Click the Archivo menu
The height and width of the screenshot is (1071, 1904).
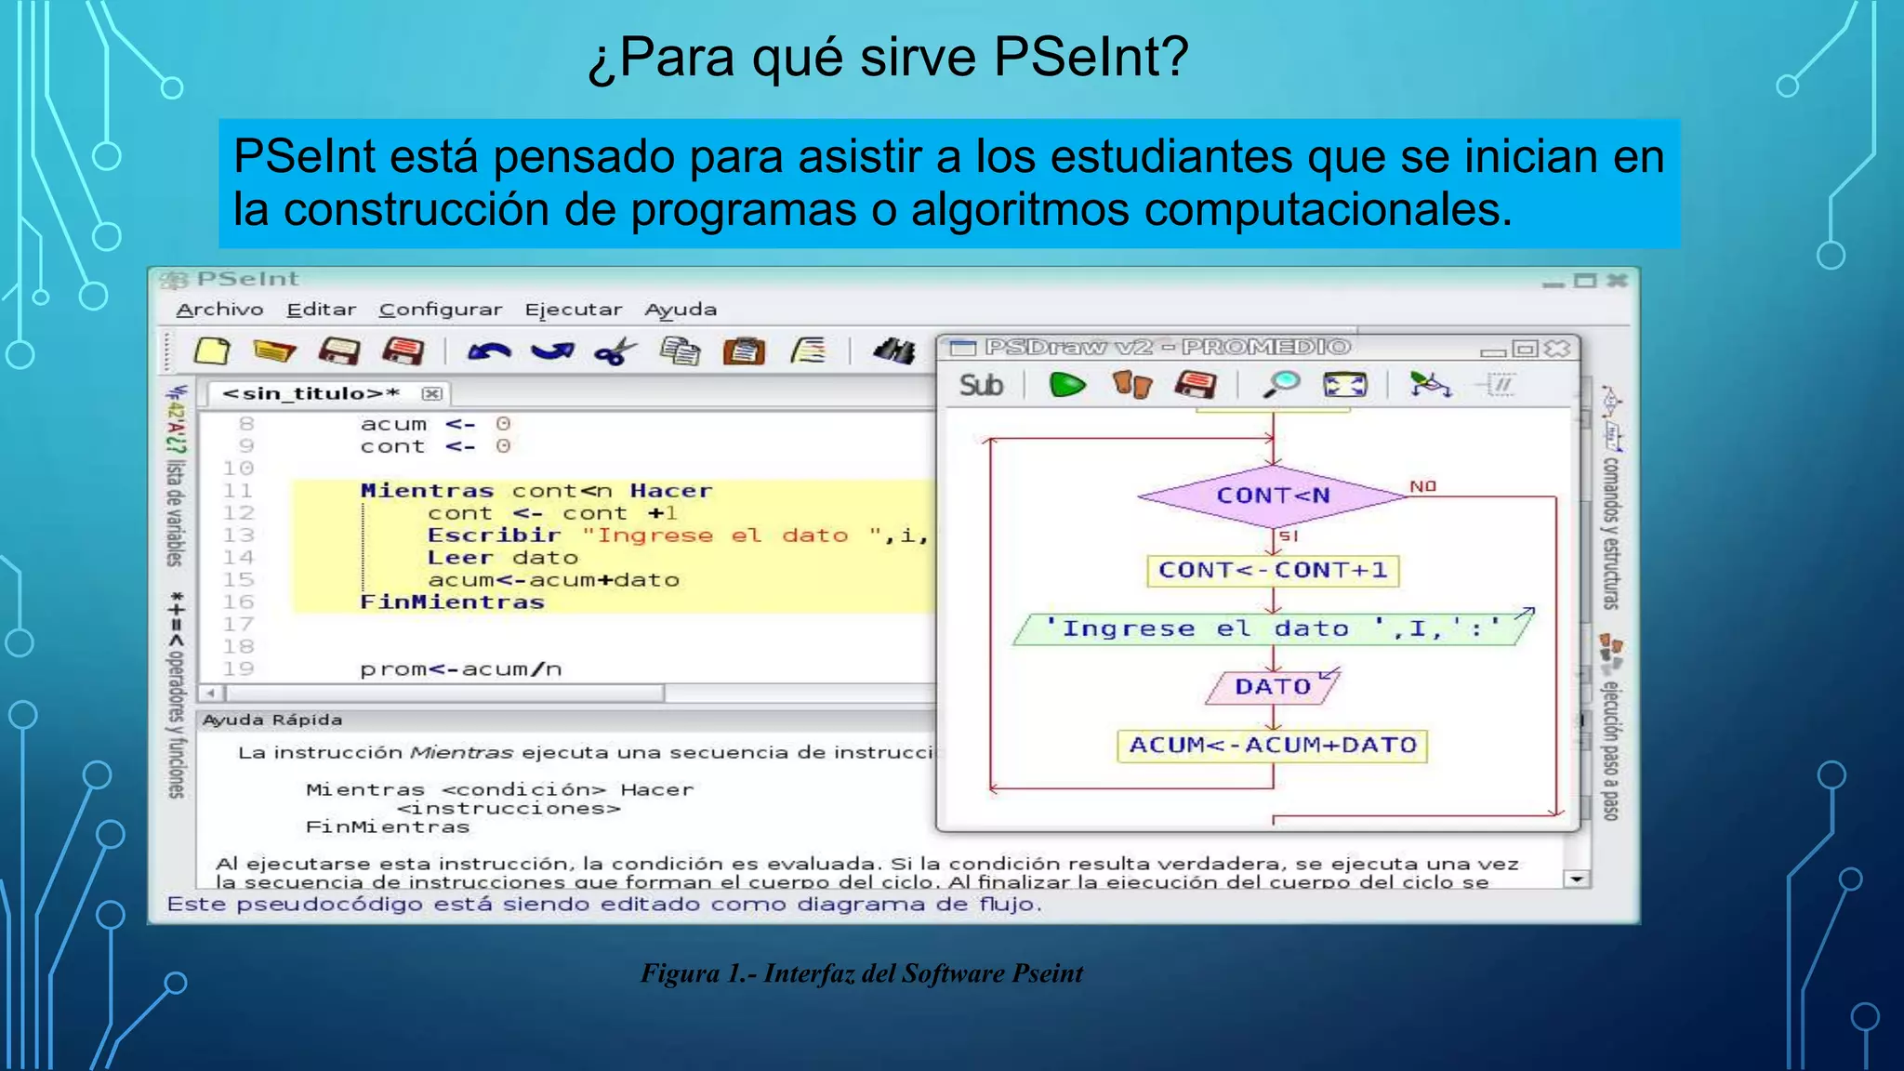219,310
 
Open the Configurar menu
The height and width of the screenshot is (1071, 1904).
440,310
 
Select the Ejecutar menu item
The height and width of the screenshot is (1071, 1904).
573,310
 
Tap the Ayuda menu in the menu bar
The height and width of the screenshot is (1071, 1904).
681,310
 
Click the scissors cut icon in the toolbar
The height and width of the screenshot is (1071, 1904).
615,351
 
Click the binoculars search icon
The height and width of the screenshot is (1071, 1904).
894,350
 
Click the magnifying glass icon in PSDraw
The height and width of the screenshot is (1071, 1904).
1281,384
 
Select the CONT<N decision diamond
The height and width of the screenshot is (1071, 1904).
1273,496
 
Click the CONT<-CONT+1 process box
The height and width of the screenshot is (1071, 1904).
1273,570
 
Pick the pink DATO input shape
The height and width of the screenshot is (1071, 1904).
1272,687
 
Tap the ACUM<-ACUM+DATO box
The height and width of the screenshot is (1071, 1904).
1272,745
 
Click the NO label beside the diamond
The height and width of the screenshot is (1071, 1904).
1422,486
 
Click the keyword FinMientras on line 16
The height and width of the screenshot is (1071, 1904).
452,602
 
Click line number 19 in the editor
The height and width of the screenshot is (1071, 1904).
238,668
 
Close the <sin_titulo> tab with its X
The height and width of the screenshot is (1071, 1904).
431,393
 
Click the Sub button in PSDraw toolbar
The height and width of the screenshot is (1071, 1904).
981,385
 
